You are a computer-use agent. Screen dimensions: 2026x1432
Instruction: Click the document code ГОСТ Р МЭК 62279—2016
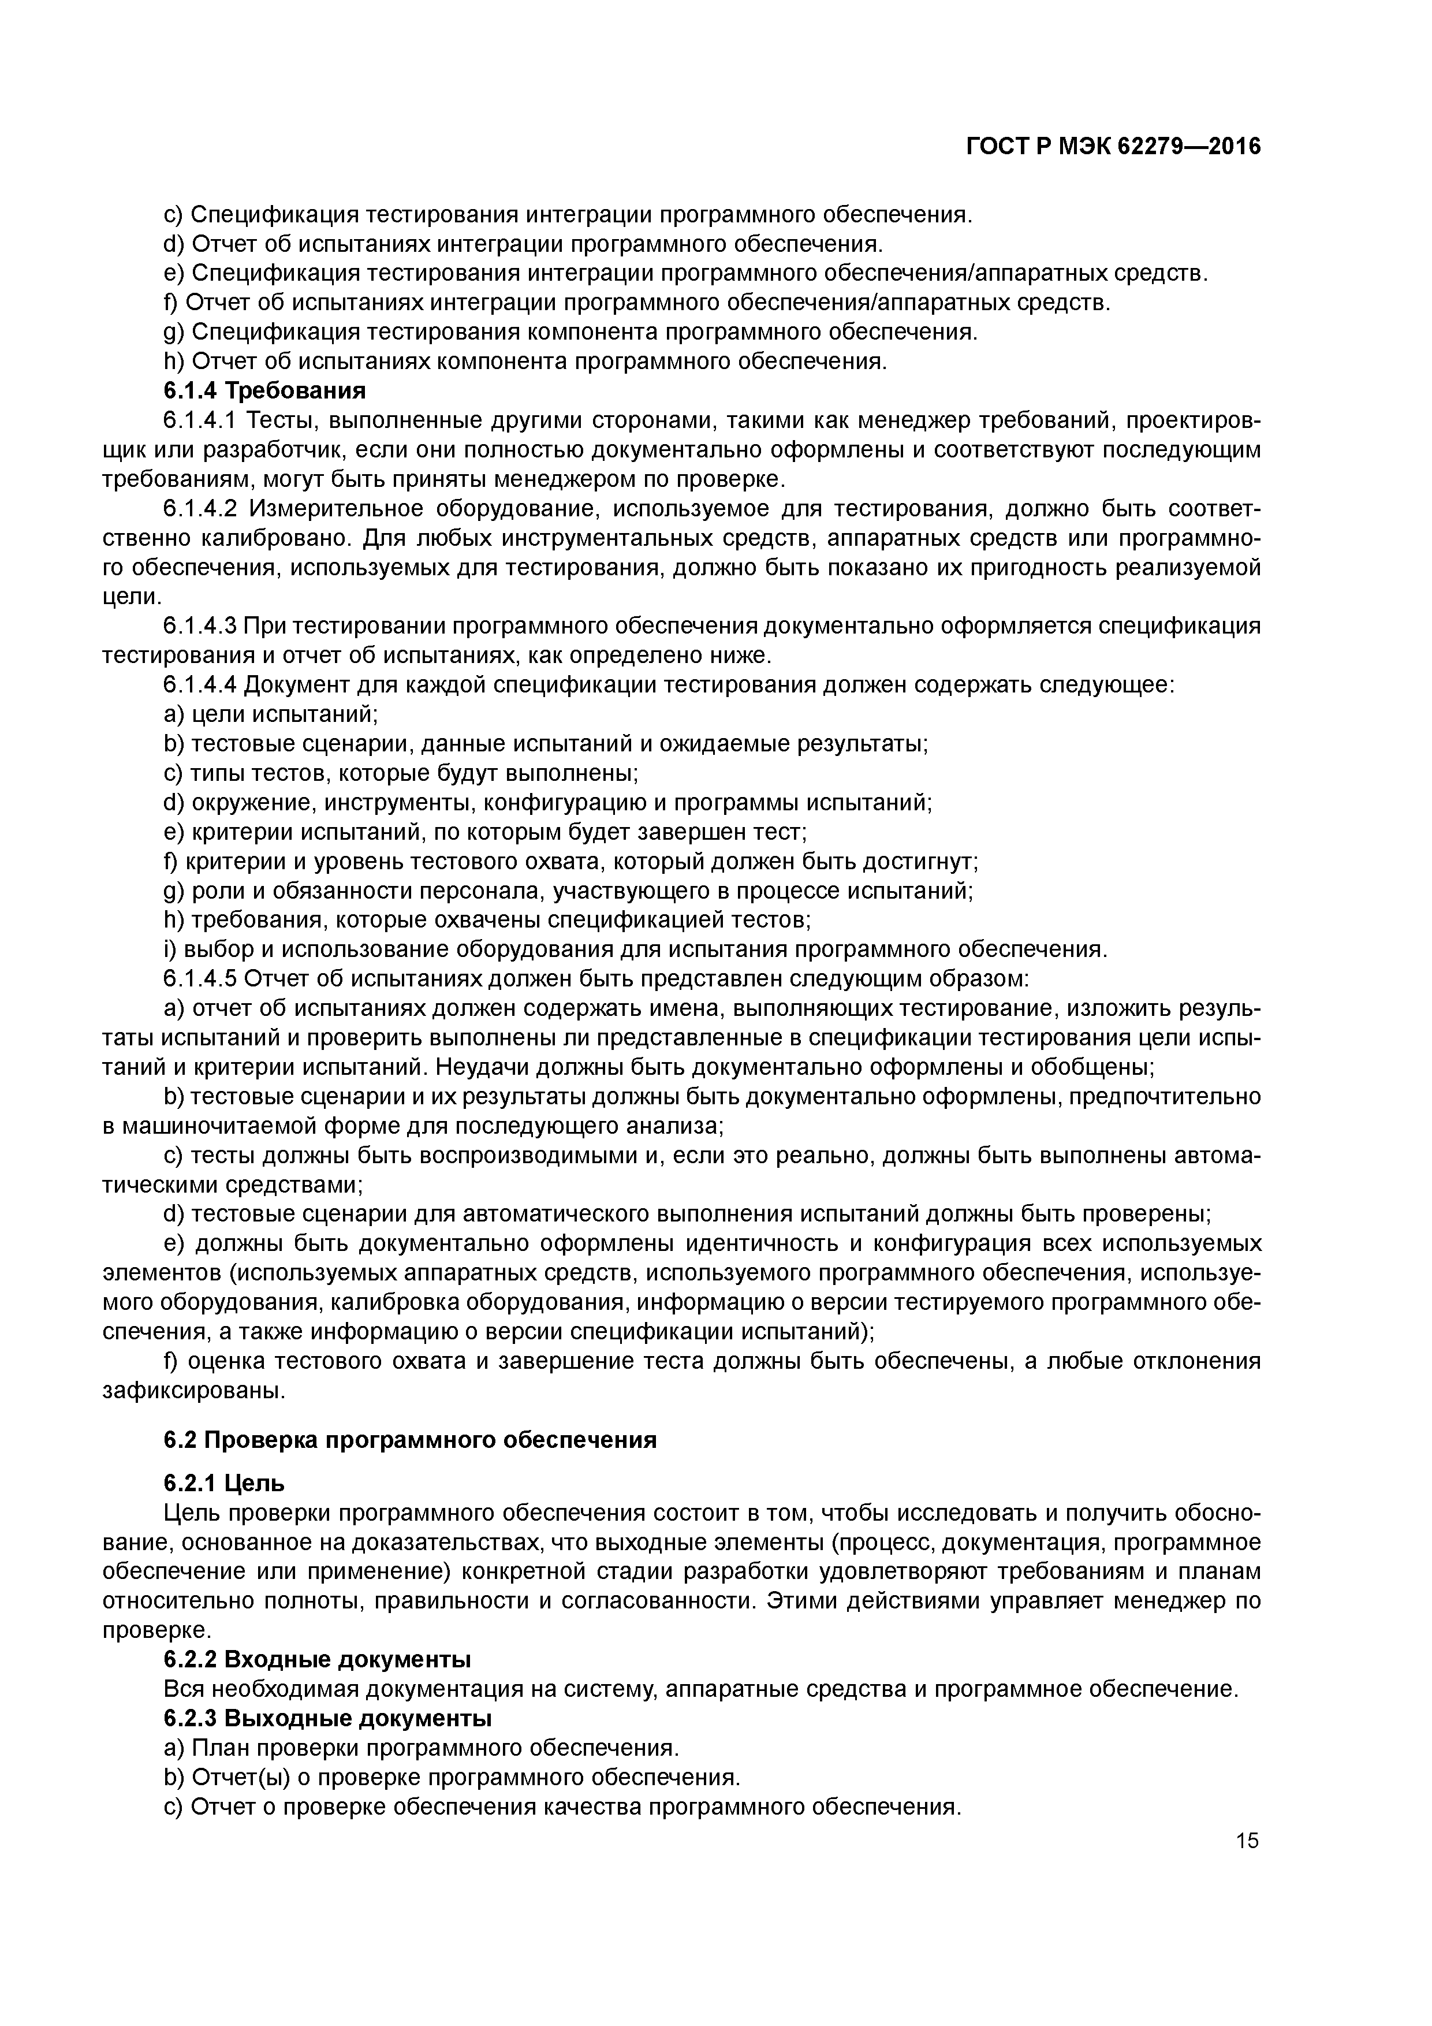click(x=1113, y=147)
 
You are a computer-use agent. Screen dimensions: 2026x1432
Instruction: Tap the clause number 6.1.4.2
click(x=200, y=509)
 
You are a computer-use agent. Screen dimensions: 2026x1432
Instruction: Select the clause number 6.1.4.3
click(x=200, y=627)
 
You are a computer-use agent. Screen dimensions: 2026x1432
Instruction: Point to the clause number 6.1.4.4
click(x=200, y=685)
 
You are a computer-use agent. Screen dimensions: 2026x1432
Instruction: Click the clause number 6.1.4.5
click(x=200, y=980)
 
